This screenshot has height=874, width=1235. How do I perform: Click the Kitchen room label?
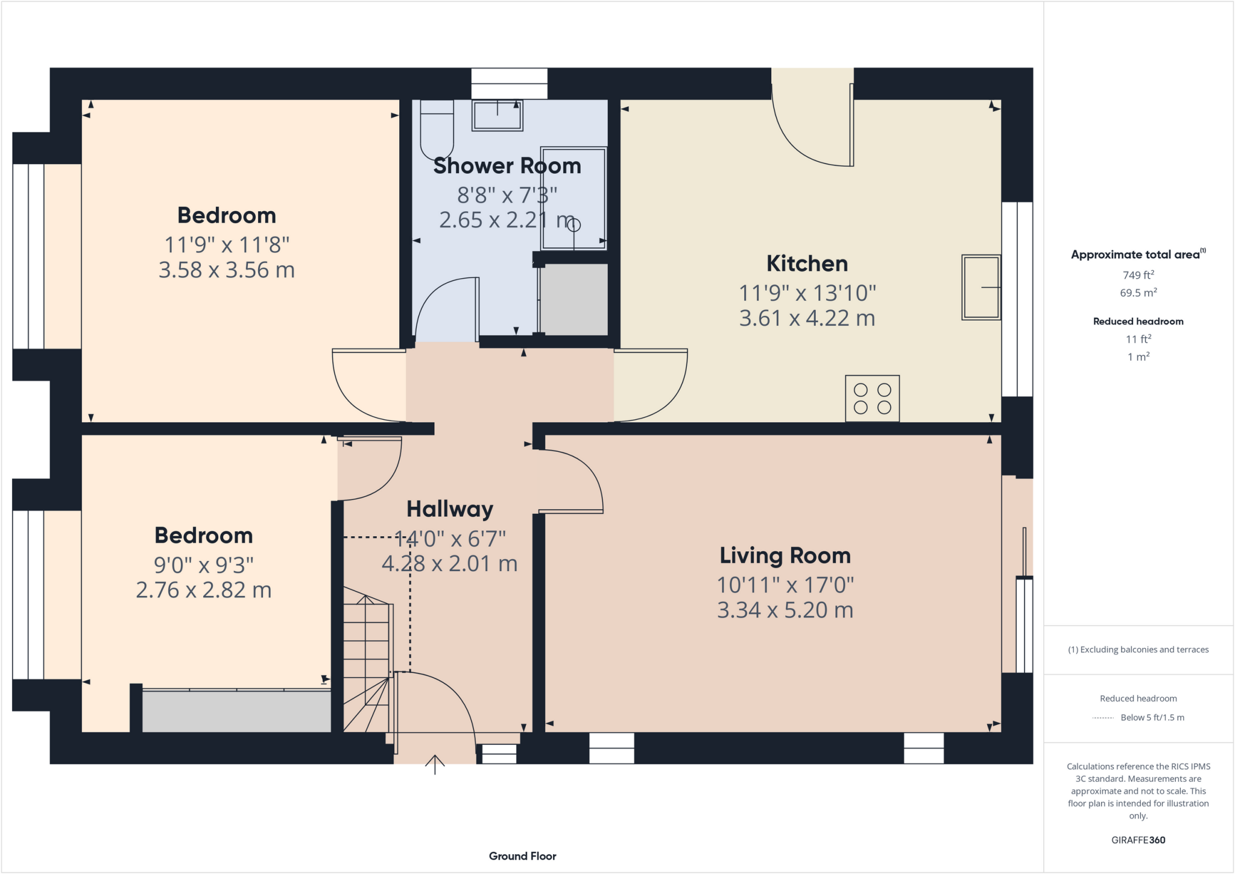pos(807,264)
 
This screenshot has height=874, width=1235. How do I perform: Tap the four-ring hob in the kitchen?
pos(872,399)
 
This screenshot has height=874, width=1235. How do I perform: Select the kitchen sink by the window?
pos(981,287)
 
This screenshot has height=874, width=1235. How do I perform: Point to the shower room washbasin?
pos(497,116)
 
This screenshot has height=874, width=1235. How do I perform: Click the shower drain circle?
pos(574,225)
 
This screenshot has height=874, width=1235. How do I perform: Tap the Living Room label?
pos(785,556)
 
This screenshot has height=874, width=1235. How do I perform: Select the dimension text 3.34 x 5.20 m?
pos(785,610)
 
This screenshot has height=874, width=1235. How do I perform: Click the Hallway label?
pos(450,509)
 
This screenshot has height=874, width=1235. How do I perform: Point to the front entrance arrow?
pos(435,764)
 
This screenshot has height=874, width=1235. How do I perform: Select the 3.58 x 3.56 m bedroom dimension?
pos(227,270)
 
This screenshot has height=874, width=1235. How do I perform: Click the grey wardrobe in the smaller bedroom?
pos(236,712)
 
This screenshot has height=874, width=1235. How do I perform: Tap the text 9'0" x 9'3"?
pos(204,565)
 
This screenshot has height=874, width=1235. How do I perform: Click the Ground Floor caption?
pos(522,856)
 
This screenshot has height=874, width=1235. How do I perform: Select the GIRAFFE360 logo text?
pos(1138,840)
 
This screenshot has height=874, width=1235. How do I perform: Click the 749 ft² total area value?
pos(1138,275)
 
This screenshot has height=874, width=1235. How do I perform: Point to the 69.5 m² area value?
pos(1138,293)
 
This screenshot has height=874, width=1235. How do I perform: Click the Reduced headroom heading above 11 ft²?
pos(1138,321)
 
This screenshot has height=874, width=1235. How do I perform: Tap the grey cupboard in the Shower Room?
pos(573,299)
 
